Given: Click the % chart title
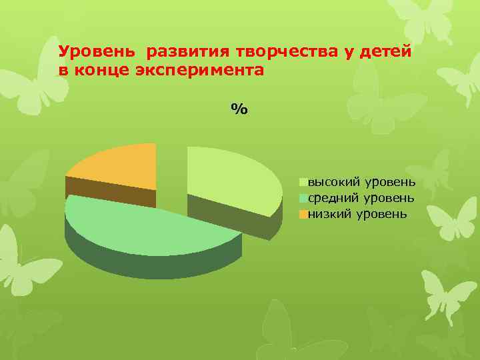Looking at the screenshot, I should (239, 109).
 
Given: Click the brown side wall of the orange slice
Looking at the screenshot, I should (110, 193).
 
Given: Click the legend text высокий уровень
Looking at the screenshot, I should (361, 181).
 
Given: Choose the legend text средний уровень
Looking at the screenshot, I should (361, 198).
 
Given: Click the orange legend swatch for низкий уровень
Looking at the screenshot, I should (303, 215).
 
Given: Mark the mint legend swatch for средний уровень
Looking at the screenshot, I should (303, 198).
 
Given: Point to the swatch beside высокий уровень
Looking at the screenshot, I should (303, 181).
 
